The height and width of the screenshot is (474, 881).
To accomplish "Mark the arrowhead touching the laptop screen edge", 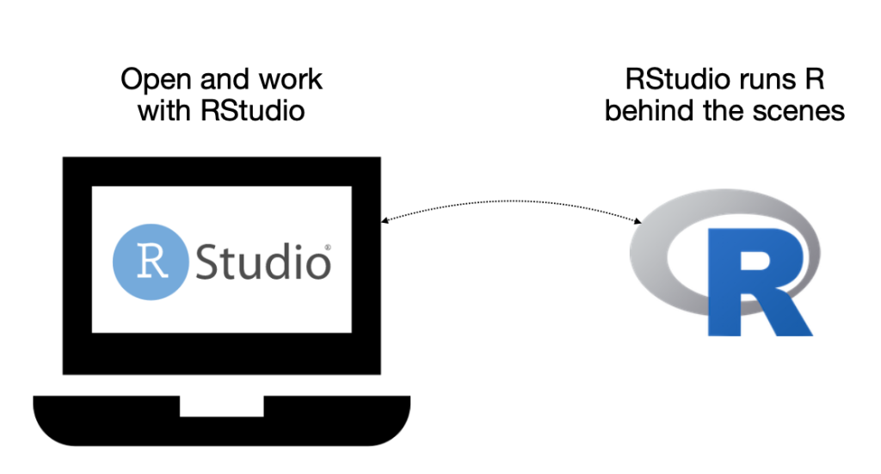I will click(384, 221).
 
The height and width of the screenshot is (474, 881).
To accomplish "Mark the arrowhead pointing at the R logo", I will click(638, 221).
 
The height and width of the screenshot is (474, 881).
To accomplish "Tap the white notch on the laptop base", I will click(221, 405).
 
